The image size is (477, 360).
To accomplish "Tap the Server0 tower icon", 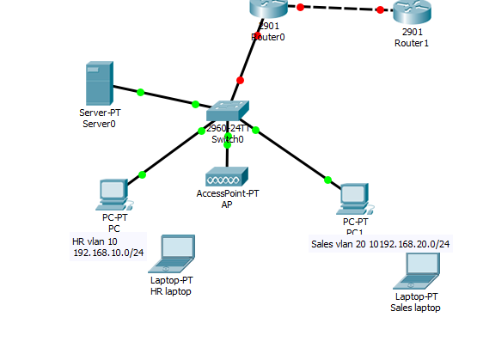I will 99,83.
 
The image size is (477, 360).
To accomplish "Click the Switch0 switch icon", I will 227,110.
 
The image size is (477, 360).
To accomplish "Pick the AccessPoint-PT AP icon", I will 227,177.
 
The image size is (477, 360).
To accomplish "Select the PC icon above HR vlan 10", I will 113,194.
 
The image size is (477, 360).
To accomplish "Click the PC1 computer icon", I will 354,198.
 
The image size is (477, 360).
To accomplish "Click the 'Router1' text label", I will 411,43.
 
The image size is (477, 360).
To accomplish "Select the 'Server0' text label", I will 99,124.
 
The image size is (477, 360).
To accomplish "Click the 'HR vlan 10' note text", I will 95,241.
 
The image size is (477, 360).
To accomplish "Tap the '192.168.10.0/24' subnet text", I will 108,253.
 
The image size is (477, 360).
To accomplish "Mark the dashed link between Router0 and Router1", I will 339,9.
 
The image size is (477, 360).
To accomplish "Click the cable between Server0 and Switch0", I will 168,98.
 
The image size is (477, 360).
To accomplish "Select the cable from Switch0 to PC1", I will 292,156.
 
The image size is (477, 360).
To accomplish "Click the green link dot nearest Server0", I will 140,91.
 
